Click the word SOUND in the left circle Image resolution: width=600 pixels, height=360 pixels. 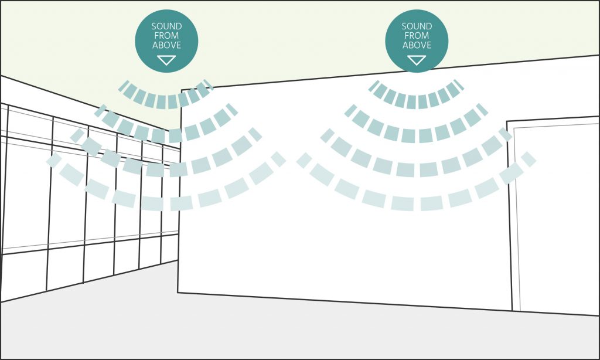click(166, 26)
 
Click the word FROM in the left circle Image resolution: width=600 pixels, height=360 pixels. click(166, 36)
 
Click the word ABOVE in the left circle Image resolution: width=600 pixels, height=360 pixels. click(166, 45)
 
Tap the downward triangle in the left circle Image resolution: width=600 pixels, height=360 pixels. click(166, 60)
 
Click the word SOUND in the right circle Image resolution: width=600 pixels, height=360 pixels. click(417, 26)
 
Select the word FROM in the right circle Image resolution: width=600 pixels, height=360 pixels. click(417, 36)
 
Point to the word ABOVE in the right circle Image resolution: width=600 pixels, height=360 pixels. click(417, 45)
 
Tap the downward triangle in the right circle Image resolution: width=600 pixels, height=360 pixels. click(417, 60)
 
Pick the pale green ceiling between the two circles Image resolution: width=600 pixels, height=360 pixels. click(291, 42)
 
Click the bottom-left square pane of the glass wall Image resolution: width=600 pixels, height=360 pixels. click(23, 275)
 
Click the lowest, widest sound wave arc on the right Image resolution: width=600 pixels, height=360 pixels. click(417, 203)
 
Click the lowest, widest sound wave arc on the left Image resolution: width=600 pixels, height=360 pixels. click(166, 203)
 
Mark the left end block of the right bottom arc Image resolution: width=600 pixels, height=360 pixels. click(304, 160)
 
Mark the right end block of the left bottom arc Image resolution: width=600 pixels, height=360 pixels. click(278, 159)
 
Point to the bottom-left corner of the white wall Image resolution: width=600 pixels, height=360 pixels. click(178, 293)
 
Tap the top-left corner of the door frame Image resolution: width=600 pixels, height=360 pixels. click(507, 122)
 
